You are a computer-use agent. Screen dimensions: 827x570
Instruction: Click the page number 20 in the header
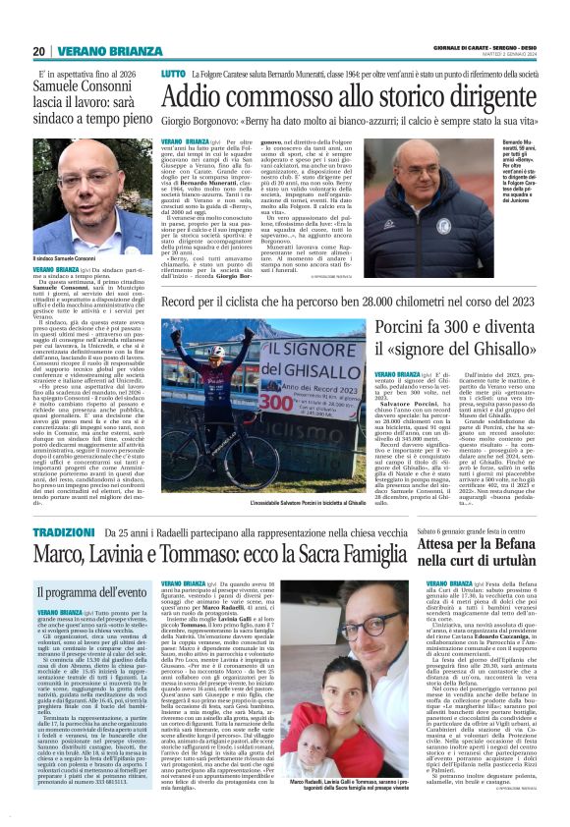38,50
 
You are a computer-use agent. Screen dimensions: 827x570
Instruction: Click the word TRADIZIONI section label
63,531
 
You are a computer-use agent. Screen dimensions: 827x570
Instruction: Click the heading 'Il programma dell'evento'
90,591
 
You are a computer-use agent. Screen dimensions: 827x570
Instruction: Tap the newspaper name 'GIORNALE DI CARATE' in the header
458,47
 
